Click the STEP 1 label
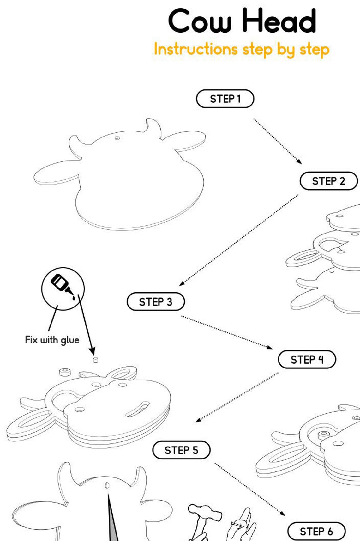coord(225,99)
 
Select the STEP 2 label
coord(329,181)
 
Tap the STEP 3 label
coord(156,302)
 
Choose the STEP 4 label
coord(307,359)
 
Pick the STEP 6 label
coord(316,532)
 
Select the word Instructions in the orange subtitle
coord(196,49)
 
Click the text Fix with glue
coord(52,340)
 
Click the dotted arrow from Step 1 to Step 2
coord(278,141)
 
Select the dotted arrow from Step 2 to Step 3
coord(239,240)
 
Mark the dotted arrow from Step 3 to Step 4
coord(227,332)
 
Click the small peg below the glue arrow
coord(96,360)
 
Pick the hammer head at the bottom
coord(205,513)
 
